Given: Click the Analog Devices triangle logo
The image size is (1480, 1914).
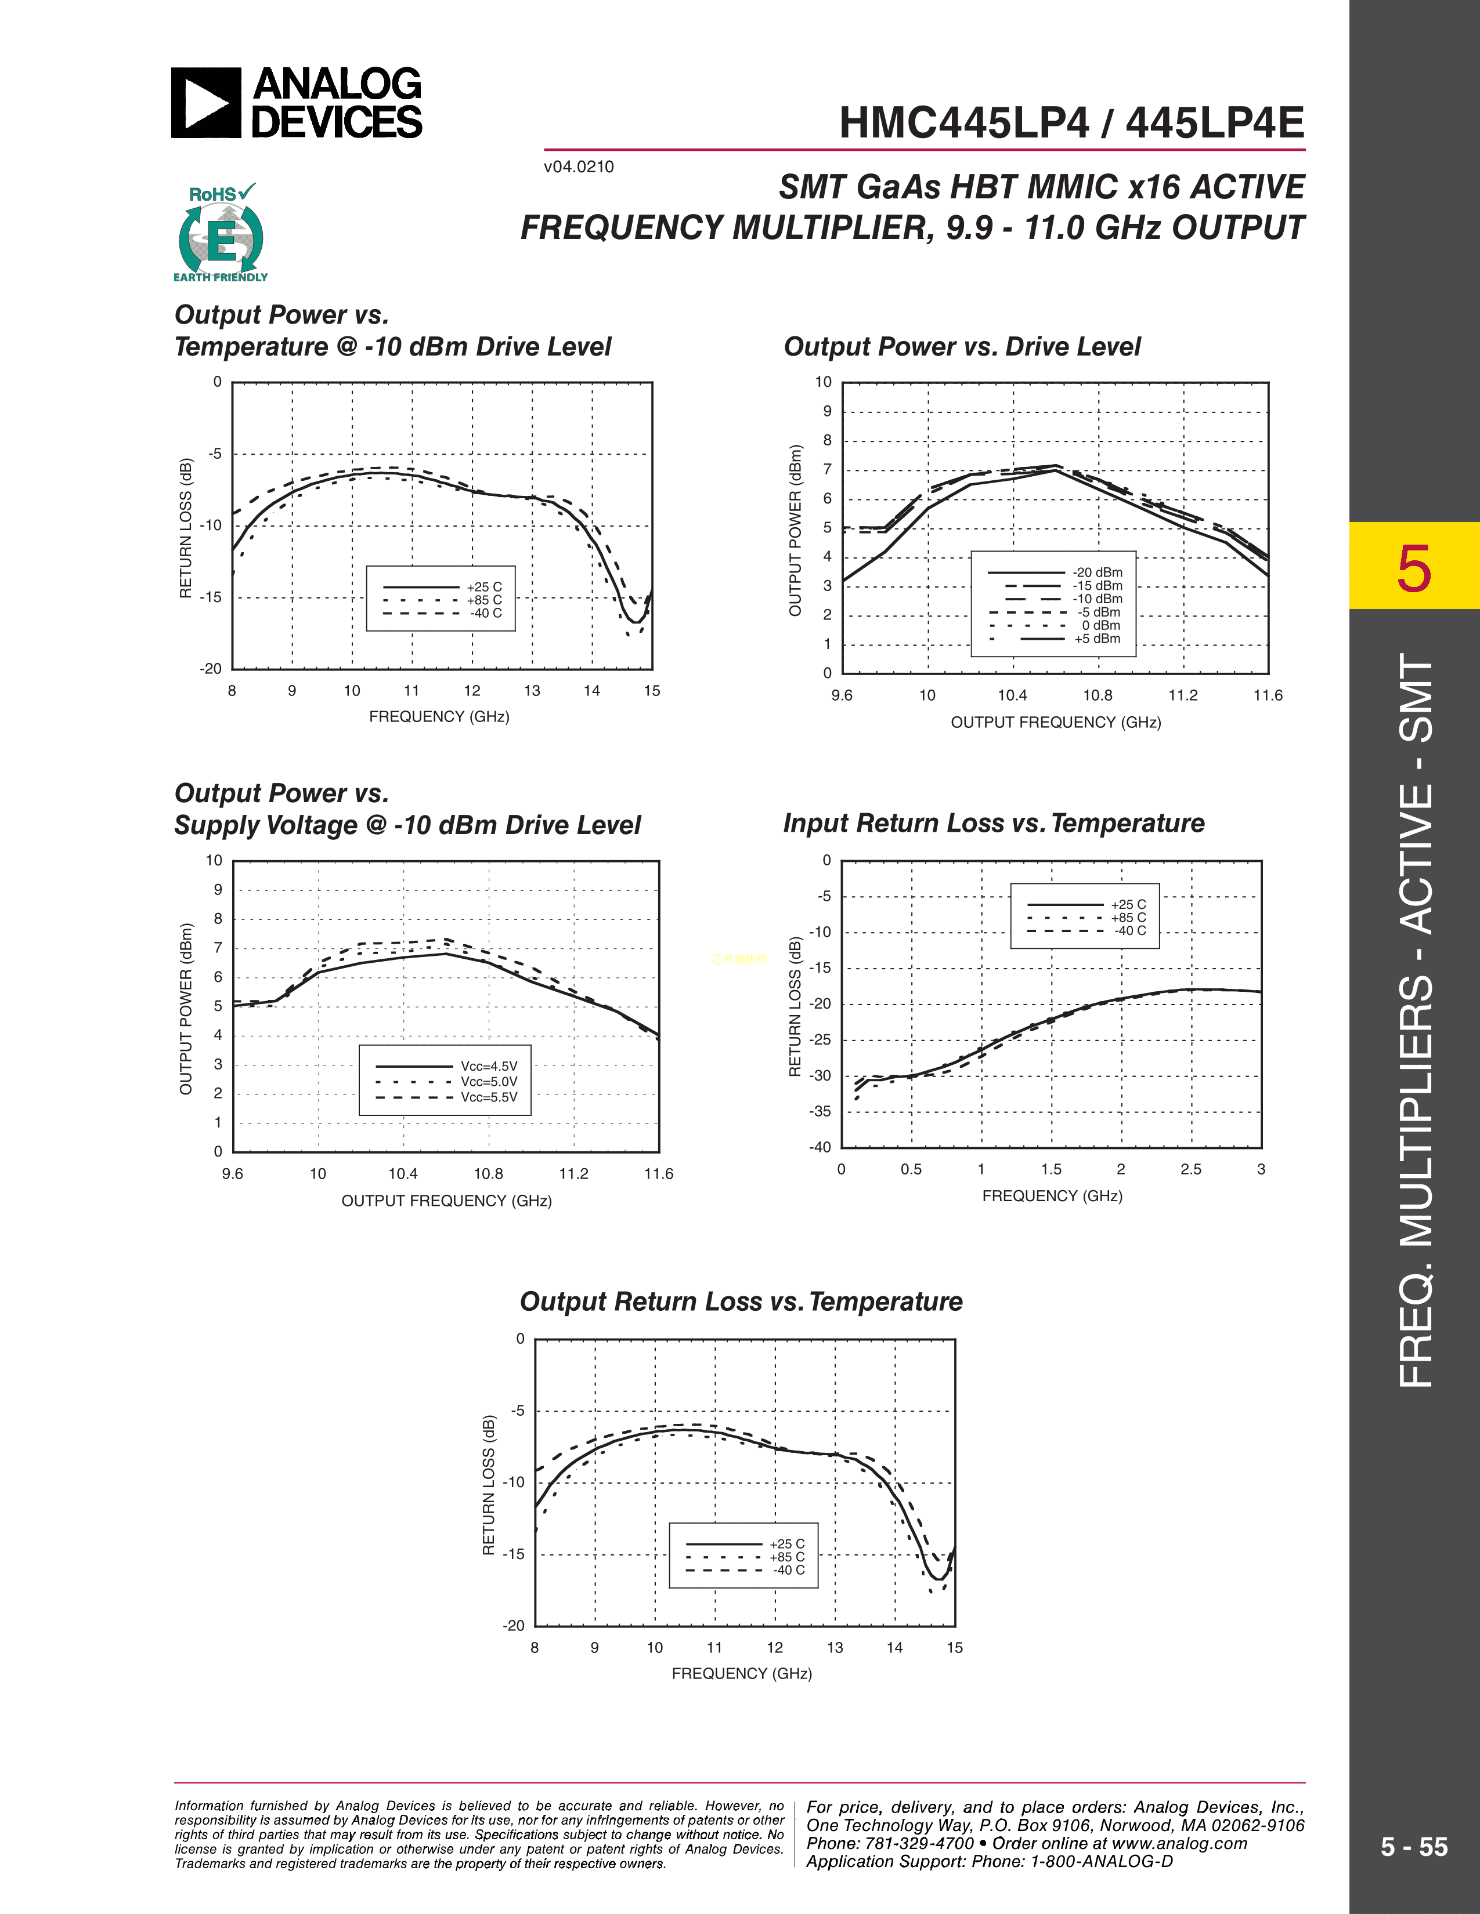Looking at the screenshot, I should [x=205, y=103].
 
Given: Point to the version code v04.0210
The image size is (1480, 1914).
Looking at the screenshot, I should [x=579, y=166].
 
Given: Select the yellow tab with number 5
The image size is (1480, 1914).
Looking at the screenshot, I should [x=1413, y=566].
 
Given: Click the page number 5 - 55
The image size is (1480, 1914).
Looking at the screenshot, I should [x=1413, y=1847].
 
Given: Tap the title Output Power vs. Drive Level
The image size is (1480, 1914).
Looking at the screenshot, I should [x=962, y=347].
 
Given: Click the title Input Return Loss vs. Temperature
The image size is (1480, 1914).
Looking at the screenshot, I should [x=994, y=824].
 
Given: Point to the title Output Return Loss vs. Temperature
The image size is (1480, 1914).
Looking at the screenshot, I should [x=741, y=1302].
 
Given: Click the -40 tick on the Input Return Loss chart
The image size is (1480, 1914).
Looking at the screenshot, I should [x=820, y=1147].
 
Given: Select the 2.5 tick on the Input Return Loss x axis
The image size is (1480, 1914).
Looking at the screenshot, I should [x=1190, y=1169].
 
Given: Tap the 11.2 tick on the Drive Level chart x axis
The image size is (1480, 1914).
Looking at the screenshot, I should [x=1183, y=695].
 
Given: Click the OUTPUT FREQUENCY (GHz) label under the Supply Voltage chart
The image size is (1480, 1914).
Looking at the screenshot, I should [x=446, y=1201].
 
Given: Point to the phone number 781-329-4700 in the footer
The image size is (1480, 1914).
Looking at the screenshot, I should [x=919, y=1843].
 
